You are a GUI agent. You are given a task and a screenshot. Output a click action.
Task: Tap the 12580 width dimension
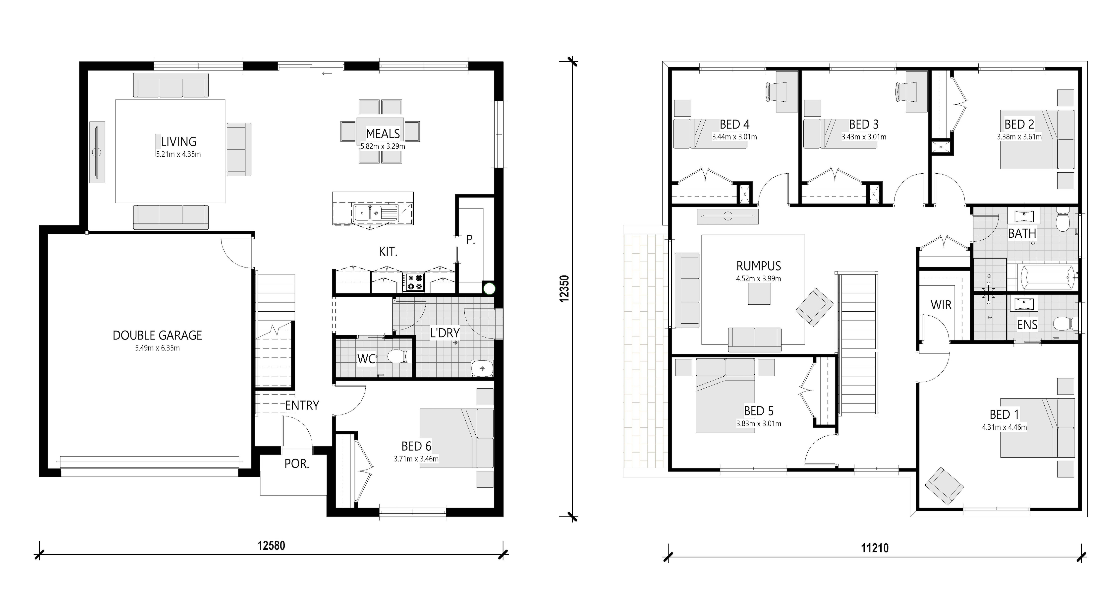271,545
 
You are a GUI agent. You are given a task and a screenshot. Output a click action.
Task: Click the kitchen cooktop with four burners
413,281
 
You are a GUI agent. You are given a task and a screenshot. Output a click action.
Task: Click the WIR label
941,305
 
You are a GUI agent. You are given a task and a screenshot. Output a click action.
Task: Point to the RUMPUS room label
759,266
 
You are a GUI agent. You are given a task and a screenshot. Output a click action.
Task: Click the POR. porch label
297,464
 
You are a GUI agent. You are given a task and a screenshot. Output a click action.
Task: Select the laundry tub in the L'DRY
482,369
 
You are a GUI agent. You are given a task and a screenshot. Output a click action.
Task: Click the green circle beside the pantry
489,288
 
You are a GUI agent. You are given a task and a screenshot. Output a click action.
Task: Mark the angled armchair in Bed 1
944,486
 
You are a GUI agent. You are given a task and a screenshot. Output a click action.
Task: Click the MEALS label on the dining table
383,133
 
